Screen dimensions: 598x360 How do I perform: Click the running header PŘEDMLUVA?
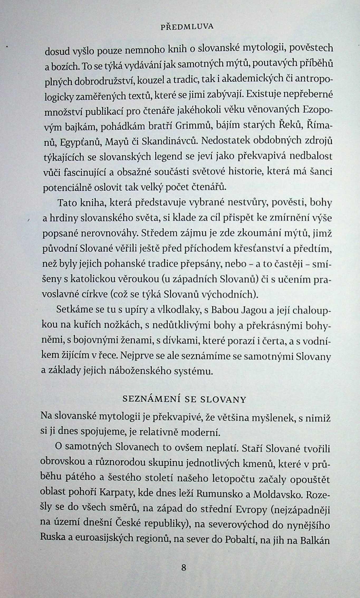(x=187, y=27)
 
